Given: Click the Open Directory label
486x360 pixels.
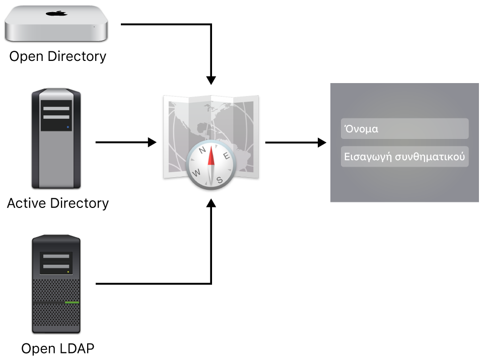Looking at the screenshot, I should tap(58, 56).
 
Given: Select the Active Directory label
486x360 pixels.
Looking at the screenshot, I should tap(58, 203).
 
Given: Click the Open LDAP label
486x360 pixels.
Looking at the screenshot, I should tap(58, 348).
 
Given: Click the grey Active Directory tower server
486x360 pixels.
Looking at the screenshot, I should tap(56, 138).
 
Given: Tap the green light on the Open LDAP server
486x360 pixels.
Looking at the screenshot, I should tap(72, 303).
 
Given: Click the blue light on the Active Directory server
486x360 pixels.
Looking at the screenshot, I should tap(67, 128).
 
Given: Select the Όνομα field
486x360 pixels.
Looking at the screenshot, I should tap(404, 129).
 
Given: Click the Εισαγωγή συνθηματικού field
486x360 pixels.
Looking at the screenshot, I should tap(404, 157).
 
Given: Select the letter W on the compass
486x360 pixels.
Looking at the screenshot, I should tap(196, 172).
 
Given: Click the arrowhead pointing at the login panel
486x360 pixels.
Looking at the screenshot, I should tap(322, 142).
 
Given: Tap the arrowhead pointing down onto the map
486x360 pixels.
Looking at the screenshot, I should tap(212, 80).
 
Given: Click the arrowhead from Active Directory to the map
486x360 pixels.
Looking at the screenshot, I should tap(153, 142).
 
